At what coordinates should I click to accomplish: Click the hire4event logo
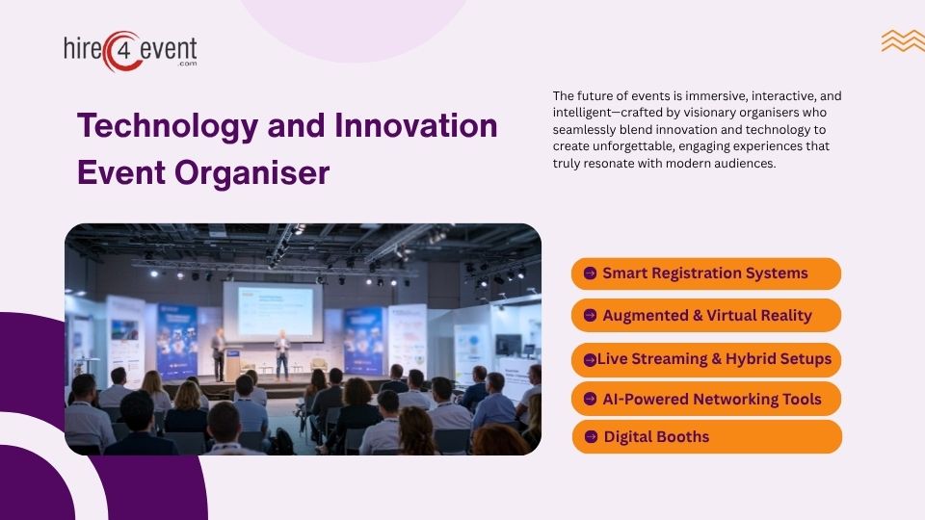coord(129,50)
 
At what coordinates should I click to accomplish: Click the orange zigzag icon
coord(902,40)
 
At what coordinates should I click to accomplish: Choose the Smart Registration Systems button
coord(706,273)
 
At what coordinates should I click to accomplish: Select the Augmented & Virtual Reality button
coord(706,316)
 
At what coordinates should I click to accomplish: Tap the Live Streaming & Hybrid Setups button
coord(706,359)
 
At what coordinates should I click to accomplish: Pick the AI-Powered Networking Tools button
coord(706,399)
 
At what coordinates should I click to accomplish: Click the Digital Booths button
coord(706,437)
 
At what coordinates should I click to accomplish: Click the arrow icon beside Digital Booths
coord(592,437)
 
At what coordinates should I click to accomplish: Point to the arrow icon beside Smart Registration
coord(590,273)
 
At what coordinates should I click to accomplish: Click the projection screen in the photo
coord(273,310)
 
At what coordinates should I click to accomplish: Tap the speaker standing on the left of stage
coord(219,352)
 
